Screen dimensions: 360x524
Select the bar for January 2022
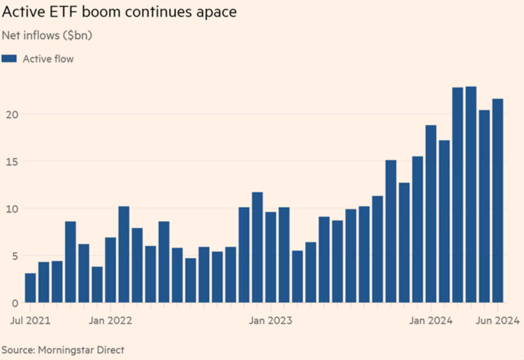tap(110, 270)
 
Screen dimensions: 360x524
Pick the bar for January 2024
tap(431, 214)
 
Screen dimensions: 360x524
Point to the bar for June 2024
tap(497, 201)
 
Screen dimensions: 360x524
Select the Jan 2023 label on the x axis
tap(271, 321)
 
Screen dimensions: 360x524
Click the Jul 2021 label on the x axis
tap(30, 321)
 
